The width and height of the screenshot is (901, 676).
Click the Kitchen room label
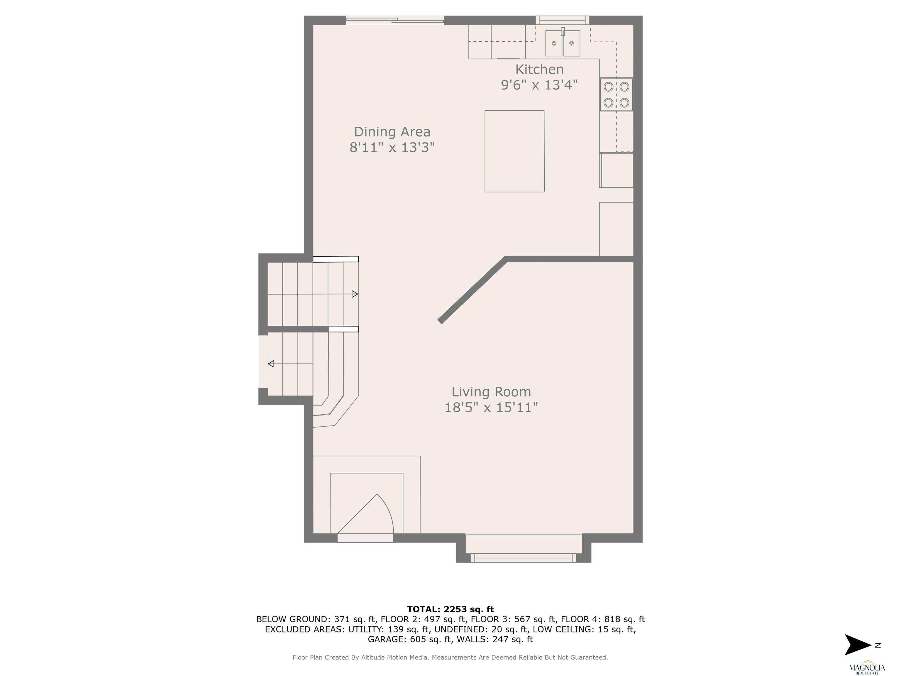coord(539,69)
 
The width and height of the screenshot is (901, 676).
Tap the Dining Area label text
coord(392,132)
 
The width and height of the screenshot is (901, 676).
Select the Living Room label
coord(491,392)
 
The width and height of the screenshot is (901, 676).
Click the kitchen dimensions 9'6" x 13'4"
coord(539,85)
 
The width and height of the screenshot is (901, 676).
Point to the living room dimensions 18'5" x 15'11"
coord(491,408)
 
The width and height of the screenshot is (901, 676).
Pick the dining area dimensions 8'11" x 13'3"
coord(392,147)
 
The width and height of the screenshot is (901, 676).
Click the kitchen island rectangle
coord(514,151)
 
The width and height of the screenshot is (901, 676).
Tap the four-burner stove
coord(616,94)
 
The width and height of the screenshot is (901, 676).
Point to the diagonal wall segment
coord(472,290)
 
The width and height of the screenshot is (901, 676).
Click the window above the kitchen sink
coord(562,20)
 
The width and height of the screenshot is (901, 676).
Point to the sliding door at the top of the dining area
coord(395,20)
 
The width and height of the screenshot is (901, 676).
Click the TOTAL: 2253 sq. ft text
coord(450,609)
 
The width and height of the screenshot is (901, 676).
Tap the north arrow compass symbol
coord(858,645)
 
